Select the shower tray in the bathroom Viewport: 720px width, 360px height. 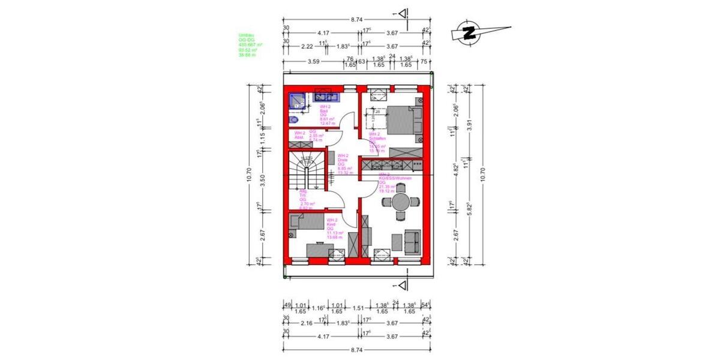297,100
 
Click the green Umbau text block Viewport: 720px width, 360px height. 251,45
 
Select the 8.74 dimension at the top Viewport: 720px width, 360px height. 356,19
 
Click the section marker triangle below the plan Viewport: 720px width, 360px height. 405,284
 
